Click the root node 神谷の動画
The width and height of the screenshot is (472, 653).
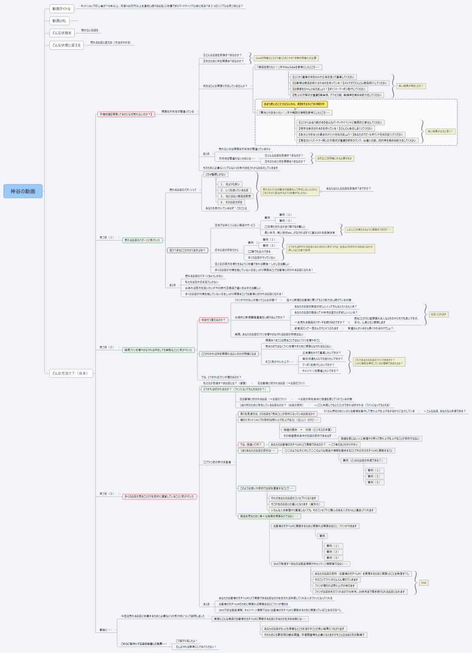23,191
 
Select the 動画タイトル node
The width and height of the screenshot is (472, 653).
61,9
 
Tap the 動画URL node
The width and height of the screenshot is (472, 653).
59,21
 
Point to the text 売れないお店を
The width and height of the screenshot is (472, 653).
90,30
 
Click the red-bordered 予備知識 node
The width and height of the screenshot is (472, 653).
126,114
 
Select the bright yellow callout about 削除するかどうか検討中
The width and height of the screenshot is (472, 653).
295,104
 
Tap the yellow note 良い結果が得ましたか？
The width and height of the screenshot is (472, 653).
411,86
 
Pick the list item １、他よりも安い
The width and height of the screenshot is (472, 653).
230,184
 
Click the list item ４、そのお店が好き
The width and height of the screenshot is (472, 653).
231,202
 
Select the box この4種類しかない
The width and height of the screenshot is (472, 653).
215,175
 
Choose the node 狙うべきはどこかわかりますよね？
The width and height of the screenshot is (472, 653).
187,250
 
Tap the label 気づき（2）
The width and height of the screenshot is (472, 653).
107,347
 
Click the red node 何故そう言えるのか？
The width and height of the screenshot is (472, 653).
213,320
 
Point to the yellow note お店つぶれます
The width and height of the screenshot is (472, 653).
439,314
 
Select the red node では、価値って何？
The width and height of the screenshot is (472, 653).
251,445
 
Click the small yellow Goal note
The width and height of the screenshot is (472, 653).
424,582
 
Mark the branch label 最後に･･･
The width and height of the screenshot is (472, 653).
106,630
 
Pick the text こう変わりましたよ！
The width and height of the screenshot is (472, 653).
186,641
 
